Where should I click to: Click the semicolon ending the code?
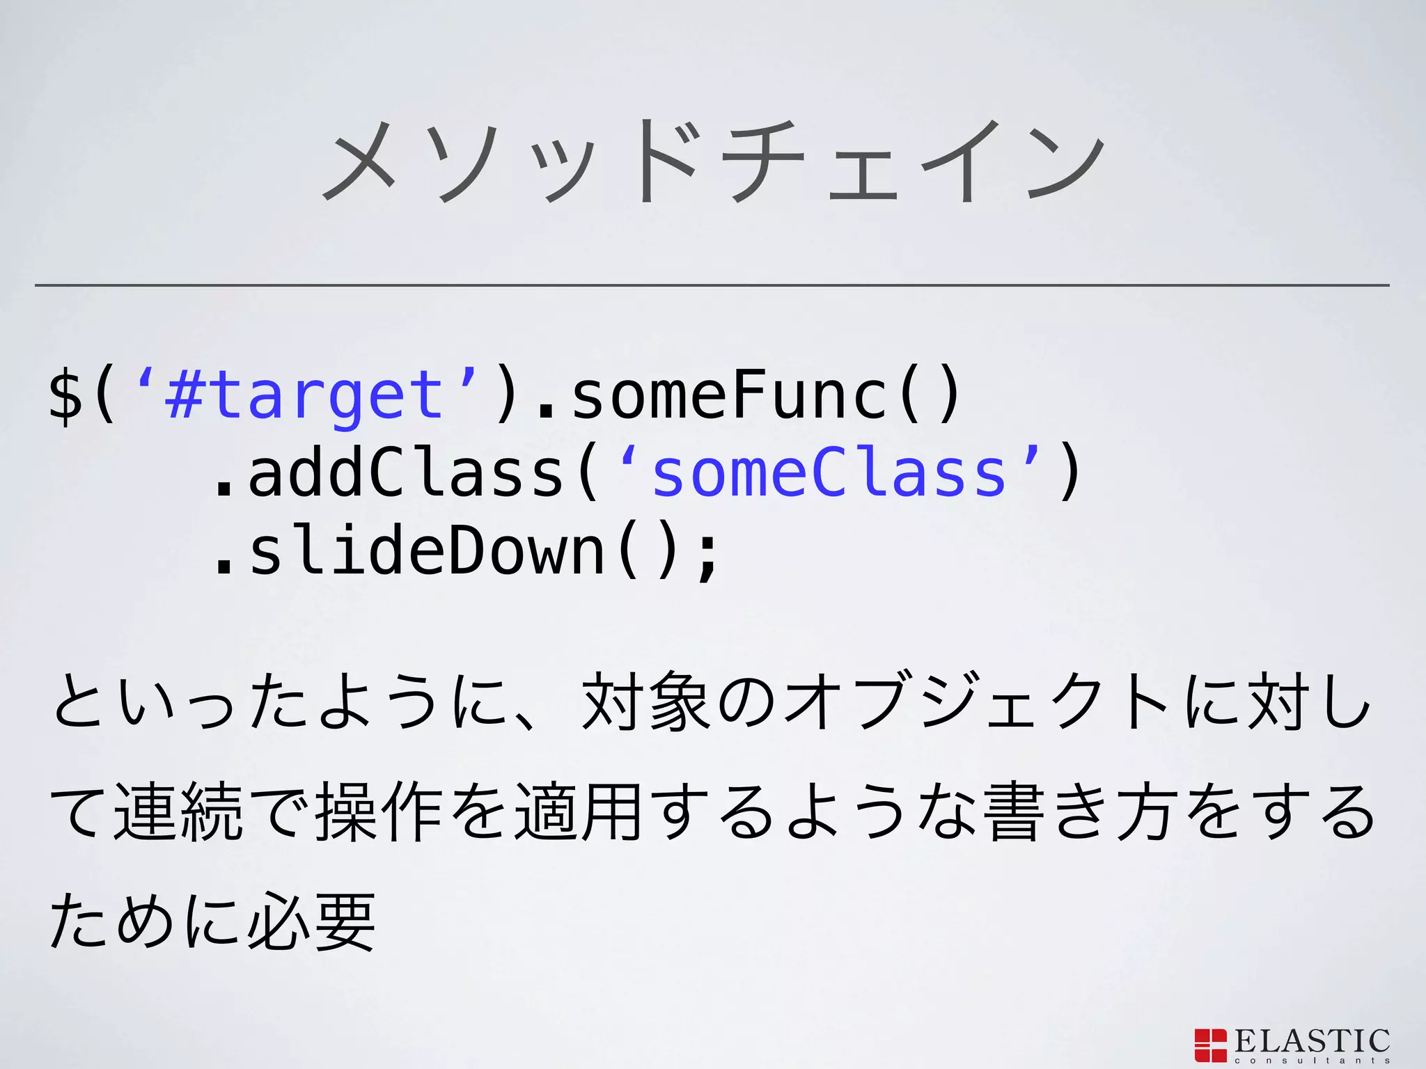click(x=707, y=554)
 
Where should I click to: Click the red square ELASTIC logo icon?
click(x=1210, y=1045)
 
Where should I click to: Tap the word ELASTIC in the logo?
click(x=1313, y=1041)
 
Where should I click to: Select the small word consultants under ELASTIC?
click(x=1313, y=1061)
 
